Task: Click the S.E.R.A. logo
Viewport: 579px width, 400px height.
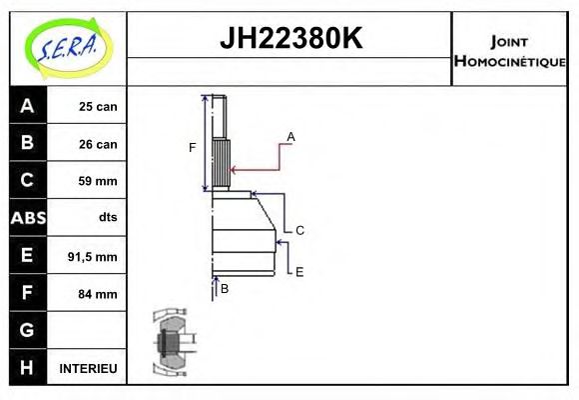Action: click(x=67, y=47)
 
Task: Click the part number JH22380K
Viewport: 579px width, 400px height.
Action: click(x=289, y=39)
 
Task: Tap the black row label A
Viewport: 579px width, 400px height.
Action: click(x=27, y=106)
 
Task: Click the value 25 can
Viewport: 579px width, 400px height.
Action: click(x=98, y=107)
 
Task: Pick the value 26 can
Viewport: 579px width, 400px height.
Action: click(x=98, y=144)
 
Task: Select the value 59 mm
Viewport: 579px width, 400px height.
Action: click(x=98, y=181)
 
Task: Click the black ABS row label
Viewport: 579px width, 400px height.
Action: click(x=27, y=218)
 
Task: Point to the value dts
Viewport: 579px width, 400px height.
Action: click(x=107, y=218)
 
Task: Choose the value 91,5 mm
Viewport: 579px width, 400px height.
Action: click(x=93, y=257)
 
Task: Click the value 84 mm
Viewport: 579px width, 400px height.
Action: click(x=98, y=294)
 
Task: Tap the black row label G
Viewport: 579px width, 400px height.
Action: click(x=27, y=330)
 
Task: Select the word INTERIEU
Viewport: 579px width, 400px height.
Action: click(x=88, y=369)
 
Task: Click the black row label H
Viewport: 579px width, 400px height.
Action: click(x=27, y=368)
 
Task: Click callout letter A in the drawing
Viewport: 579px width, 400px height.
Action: click(x=290, y=136)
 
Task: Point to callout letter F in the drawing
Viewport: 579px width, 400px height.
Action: click(x=193, y=148)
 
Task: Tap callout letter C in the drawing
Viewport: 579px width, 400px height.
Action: click(x=298, y=230)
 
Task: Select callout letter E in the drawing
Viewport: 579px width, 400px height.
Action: click(x=298, y=271)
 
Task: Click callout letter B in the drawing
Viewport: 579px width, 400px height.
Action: click(x=225, y=288)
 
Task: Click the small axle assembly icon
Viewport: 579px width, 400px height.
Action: click(x=171, y=341)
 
